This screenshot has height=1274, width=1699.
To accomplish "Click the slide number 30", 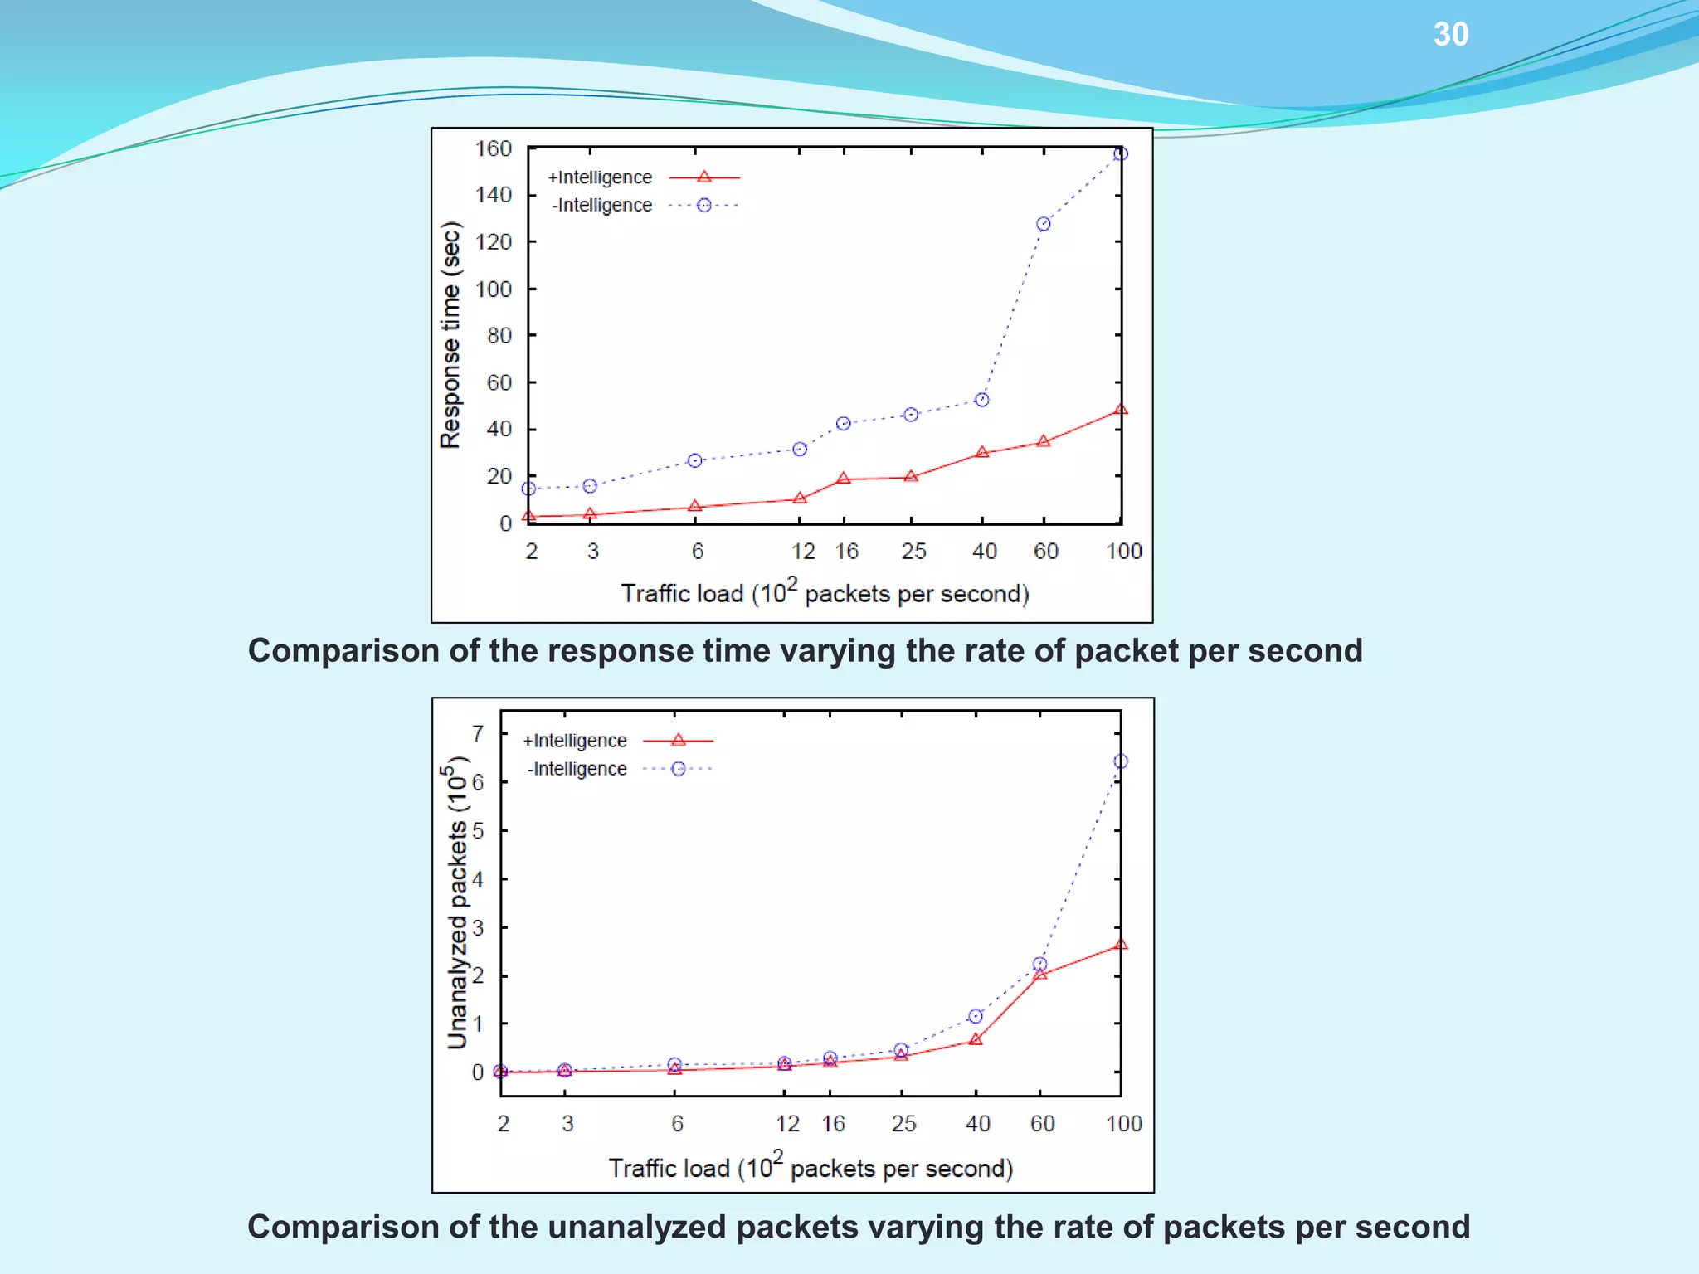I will point(1450,35).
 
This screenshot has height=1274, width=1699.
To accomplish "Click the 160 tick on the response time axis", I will point(493,148).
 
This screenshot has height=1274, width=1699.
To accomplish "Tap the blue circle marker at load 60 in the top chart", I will point(1043,224).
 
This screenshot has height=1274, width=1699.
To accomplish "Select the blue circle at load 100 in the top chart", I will point(1120,153).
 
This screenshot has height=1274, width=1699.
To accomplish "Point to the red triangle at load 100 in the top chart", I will point(1120,410).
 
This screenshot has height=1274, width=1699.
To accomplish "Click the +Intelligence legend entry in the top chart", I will point(600,177).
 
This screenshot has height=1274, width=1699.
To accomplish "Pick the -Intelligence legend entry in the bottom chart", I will point(577,769).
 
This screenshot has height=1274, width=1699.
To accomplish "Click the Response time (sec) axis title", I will point(450,335).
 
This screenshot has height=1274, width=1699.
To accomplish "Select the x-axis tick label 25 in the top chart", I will point(913,552).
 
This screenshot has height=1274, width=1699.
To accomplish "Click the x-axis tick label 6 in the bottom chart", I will point(677,1124).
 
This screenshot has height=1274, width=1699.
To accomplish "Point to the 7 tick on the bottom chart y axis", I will point(478,733).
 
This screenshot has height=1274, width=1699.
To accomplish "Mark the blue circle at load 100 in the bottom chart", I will point(1120,761).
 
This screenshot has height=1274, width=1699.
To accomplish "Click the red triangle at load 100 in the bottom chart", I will point(1120,945).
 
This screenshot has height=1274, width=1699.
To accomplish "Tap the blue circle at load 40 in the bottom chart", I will point(975,1016).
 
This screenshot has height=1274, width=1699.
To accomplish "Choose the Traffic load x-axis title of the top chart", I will point(825,592).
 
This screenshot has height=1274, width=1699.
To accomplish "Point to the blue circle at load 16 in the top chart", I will point(843,424).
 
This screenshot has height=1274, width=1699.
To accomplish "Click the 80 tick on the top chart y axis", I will point(499,336).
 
